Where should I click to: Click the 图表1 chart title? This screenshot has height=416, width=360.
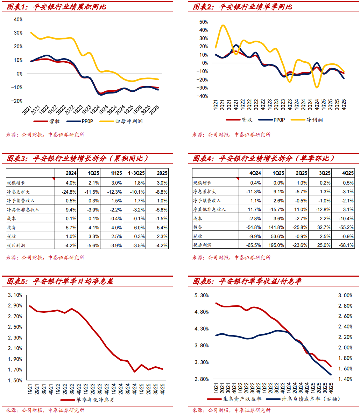pyautogui.click(x=56, y=7)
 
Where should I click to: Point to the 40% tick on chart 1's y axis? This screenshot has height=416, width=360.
pyautogui.click(x=18, y=19)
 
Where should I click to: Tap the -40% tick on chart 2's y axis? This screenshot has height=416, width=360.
pyautogui.click(x=203, y=96)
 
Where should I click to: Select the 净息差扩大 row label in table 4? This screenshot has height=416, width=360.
pyautogui.click(x=205, y=192)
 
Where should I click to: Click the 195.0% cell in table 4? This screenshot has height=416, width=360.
pyautogui.click(x=277, y=245)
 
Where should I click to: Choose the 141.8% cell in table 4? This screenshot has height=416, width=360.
pyautogui.click(x=277, y=227)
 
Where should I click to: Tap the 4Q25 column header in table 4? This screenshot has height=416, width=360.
pyautogui.click(x=347, y=173)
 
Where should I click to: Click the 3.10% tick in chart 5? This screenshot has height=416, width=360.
pyautogui.click(x=15, y=295)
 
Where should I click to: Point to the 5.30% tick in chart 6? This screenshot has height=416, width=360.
pyautogui.click(x=202, y=296)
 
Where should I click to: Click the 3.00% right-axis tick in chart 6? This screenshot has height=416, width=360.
pyautogui.click(x=345, y=296)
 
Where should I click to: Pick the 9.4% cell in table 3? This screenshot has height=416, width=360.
pyautogui.click(x=71, y=209)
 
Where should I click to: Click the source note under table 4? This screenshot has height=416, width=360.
pyautogui.click(x=231, y=257)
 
